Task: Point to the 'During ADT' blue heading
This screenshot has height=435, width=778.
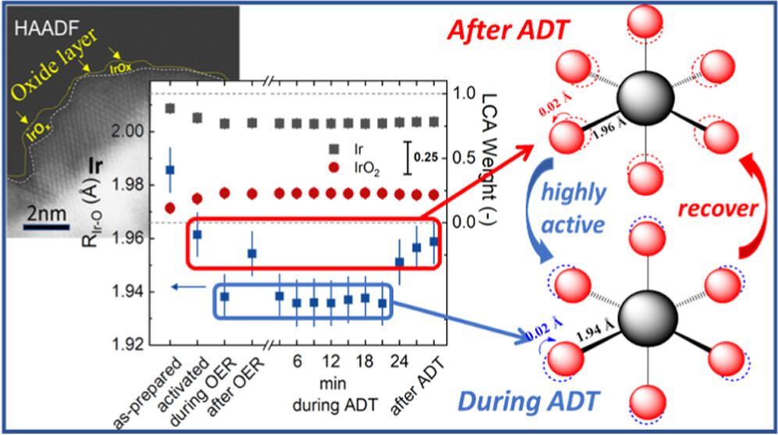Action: [510, 403]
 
